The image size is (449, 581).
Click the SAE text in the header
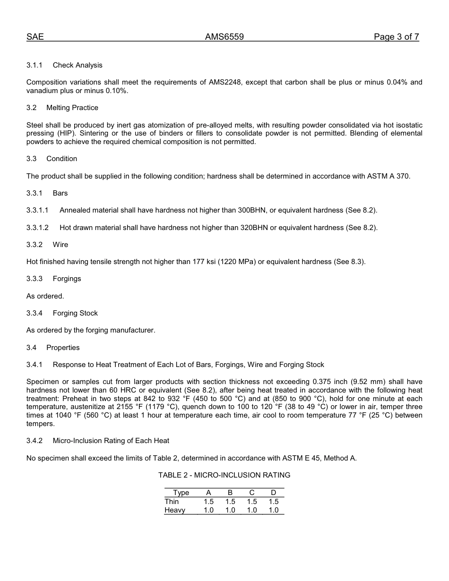(x=35, y=37)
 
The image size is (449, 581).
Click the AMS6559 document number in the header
(x=224, y=37)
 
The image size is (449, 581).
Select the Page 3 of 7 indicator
(x=396, y=37)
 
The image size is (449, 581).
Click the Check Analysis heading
(x=78, y=65)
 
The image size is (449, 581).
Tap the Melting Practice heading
(x=72, y=108)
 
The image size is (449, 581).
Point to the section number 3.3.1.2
(x=37, y=228)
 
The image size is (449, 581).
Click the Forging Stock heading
(x=75, y=313)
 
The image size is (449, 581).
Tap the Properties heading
(x=63, y=348)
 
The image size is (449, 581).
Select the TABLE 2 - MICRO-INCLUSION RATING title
(x=224, y=475)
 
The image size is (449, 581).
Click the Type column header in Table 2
(x=181, y=493)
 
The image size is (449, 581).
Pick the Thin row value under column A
(x=208, y=502)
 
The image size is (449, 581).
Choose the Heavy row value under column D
(x=274, y=510)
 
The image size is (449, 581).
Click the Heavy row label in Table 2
(x=175, y=510)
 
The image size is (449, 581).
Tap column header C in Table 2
(x=252, y=493)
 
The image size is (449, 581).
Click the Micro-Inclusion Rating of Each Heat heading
(x=111, y=441)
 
